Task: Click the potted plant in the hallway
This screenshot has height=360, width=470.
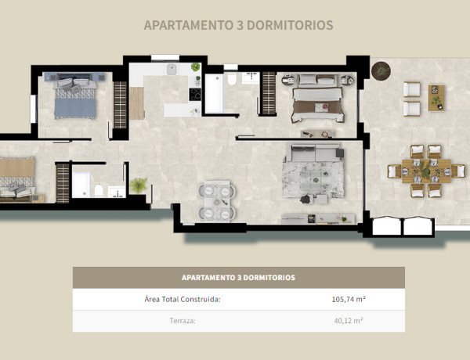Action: (x=138, y=185)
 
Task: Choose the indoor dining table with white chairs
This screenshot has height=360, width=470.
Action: (x=215, y=200)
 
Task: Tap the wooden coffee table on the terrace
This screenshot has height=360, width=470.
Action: (x=436, y=98)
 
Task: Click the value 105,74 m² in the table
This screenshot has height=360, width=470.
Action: (x=349, y=299)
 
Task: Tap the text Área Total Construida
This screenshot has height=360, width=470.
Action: (x=183, y=299)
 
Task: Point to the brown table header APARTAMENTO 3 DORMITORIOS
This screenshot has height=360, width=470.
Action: (x=238, y=277)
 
